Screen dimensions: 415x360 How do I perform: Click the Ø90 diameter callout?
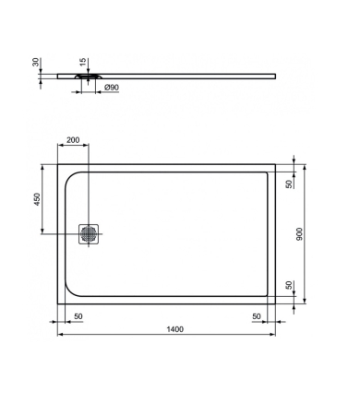(110, 88)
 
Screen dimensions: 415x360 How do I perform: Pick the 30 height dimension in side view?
(37, 63)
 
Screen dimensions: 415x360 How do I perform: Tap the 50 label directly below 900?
(289, 287)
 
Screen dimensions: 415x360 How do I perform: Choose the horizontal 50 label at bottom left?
(78, 316)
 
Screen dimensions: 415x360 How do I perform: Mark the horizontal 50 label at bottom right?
(258, 316)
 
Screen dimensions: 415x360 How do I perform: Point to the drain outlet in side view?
(89, 79)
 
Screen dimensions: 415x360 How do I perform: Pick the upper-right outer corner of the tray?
(276, 165)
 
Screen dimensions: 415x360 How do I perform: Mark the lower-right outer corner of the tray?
(276, 306)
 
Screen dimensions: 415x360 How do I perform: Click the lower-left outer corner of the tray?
(59, 306)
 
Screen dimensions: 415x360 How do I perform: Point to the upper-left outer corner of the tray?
(59, 165)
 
